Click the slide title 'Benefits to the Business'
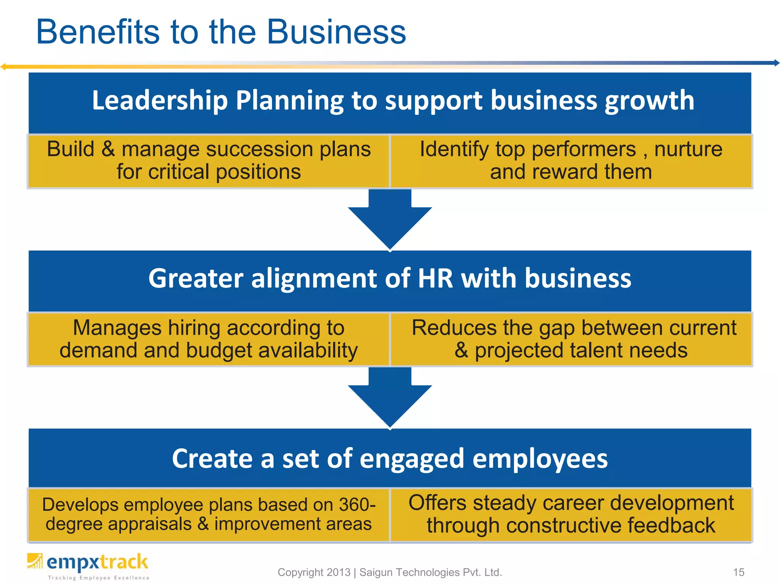[x=221, y=32]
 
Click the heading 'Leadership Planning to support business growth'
[x=393, y=101]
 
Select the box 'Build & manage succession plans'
[x=209, y=160]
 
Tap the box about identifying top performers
[x=571, y=160]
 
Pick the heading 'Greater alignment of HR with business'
[x=390, y=278]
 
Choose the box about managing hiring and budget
[x=209, y=339]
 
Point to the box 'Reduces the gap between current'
[x=571, y=339]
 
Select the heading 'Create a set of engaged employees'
[x=390, y=459]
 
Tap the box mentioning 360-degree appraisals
[x=209, y=514]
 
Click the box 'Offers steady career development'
[x=571, y=514]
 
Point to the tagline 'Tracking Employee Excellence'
[x=99, y=578]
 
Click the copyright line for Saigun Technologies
[x=390, y=572]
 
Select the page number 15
[x=738, y=572]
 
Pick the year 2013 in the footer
[x=338, y=572]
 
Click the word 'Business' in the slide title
[x=337, y=32]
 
